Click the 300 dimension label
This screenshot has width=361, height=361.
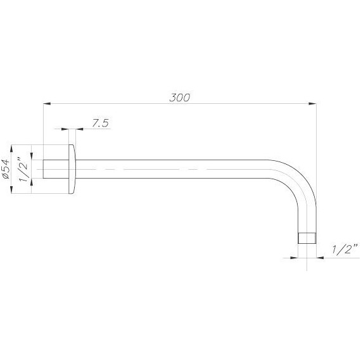(x=180, y=98)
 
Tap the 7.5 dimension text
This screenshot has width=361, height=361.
(x=100, y=123)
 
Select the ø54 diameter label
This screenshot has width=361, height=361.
(x=6, y=169)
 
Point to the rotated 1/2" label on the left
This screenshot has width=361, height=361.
(x=23, y=169)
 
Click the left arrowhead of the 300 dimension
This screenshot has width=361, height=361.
(x=47, y=104)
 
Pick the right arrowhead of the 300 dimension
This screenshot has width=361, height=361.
(x=312, y=104)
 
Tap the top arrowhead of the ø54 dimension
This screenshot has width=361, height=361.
(x=11, y=149)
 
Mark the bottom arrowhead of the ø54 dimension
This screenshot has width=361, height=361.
(x=11, y=190)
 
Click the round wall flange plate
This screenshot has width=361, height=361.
(x=72, y=169)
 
